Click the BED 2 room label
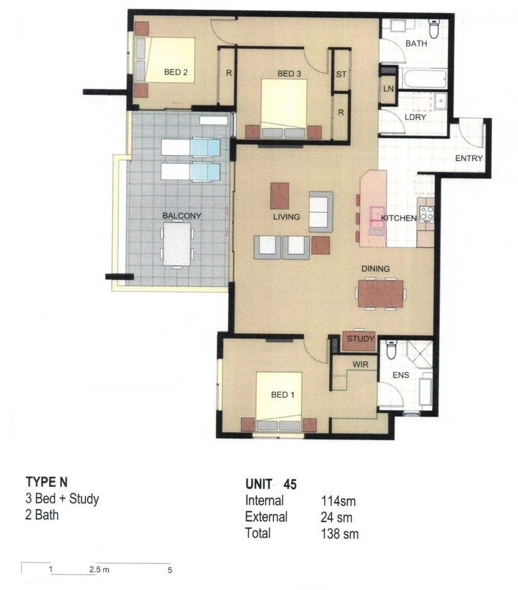[x=176, y=72]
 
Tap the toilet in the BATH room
[x=434, y=29]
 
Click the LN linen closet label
[x=388, y=89]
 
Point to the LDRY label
[x=415, y=117]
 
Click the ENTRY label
[x=468, y=158]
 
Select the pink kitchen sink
[x=377, y=218]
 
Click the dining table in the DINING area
[x=380, y=294]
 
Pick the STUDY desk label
[x=361, y=338]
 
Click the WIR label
[x=360, y=364]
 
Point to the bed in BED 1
[x=279, y=402]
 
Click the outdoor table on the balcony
[x=177, y=244]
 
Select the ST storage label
[x=341, y=74]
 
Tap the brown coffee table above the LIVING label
[x=279, y=196]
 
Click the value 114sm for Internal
[x=338, y=501]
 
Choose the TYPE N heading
[x=46, y=482]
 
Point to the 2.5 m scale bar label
[x=99, y=570]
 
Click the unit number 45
[x=290, y=484]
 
